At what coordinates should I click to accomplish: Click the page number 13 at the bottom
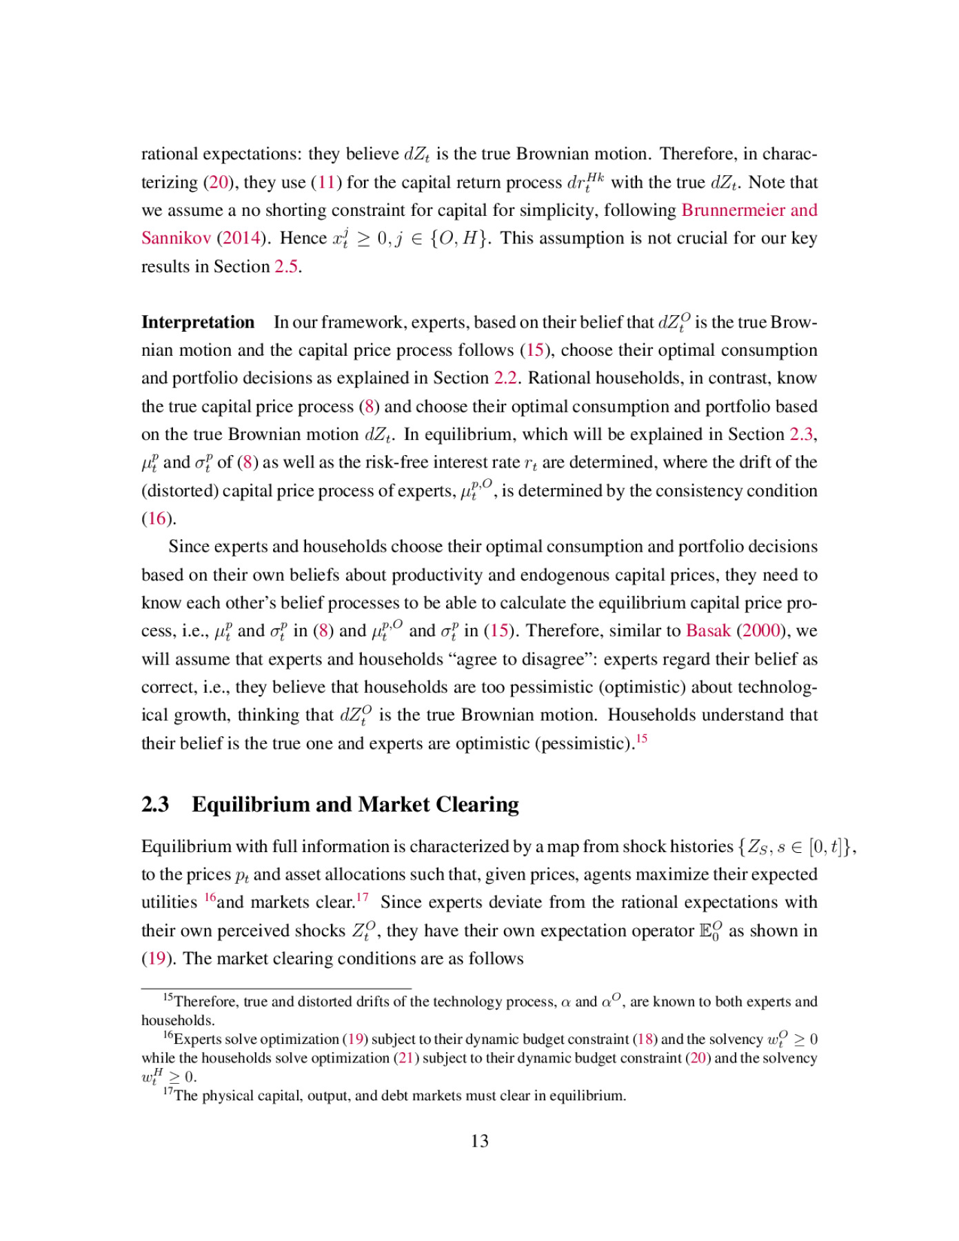[x=479, y=1142]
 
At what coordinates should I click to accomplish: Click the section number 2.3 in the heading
[x=155, y=805]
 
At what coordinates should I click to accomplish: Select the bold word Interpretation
[x=198, y=323]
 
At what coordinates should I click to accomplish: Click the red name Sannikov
[x=176, y=239]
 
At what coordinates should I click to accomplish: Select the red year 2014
[x=241, y=239]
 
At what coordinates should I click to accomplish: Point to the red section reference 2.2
[x=505, y=379]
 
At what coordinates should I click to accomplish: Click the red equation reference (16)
[x=157, y=518]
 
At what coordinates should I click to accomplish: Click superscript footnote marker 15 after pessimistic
[x=641, y=739]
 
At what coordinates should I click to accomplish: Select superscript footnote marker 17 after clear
[x=362, y=898]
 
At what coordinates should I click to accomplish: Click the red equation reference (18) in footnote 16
[x=645, y=1040]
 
